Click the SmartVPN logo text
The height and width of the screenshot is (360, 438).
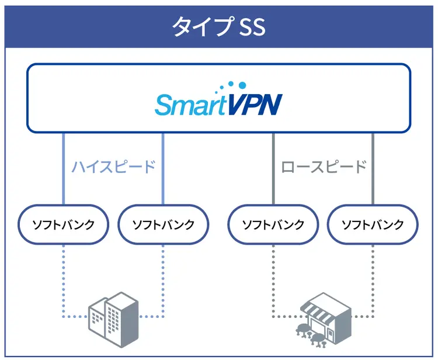[x=218, y=105]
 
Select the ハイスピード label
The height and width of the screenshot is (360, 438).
[x=113, y=167]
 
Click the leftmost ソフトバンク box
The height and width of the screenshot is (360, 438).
[x=63, y=224]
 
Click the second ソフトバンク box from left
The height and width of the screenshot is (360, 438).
[x=163, y=224]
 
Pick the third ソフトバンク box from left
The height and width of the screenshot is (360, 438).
[x=273, y=224]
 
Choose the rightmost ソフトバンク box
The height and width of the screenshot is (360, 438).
[x=373, y=224]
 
